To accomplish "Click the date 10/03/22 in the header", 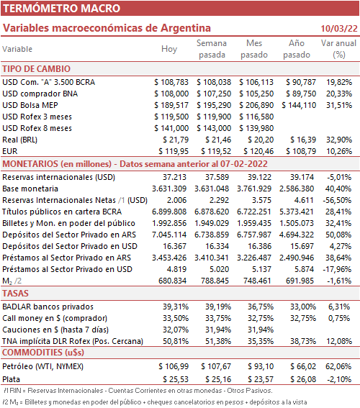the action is [339, 28].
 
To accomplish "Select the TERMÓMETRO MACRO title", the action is [61, 9].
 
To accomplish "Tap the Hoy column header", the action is [169, 49].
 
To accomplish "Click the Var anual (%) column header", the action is [338, 49].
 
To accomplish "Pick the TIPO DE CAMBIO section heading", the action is [37, 69].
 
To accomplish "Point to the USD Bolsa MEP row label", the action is [30, 105].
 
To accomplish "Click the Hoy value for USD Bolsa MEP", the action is [171, 105].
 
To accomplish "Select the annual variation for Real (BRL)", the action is [339, 140].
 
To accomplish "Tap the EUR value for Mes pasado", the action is [258, 151].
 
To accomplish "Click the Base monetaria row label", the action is [30, 189].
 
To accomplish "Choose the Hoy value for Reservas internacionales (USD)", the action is [175, 177].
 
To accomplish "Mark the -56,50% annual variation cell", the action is [337, 200].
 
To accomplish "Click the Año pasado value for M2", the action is [300, 281].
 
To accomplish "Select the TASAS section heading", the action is [15, 294].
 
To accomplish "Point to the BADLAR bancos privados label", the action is [48, 307].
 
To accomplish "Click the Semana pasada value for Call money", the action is [218, 318].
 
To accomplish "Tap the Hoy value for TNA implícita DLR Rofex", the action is [176, 341].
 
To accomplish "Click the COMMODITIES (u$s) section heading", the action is [43, 353].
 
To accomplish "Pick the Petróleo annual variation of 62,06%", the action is [338, 366].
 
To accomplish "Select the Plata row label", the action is [12, 379].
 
